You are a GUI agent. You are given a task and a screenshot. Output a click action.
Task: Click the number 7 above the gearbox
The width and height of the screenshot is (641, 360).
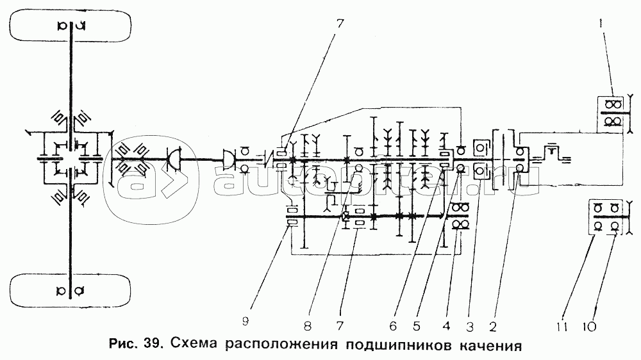pyautogui.click(x=340, y=24)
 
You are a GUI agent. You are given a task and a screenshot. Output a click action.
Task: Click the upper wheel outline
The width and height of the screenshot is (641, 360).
pyautogui.click(x=71, y=26)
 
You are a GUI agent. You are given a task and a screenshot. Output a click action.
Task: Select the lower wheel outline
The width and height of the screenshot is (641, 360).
pyautogui.click(x=71, y=291)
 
